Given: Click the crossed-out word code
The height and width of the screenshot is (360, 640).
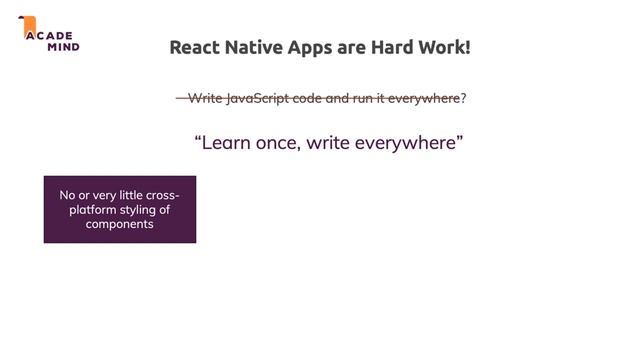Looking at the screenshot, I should click(x=307, y=98).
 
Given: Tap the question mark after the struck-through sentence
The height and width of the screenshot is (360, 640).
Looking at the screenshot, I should click(x=464, y=98).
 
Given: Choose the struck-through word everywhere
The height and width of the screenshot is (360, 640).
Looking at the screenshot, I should click(x=427, y=98).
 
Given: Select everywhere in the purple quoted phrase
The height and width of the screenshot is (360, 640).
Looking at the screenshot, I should click(x=408, y=143).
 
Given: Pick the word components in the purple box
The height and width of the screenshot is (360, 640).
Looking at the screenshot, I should click(x=119, y=225).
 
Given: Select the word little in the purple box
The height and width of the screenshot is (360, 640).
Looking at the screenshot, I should click(x=129, y=195).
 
